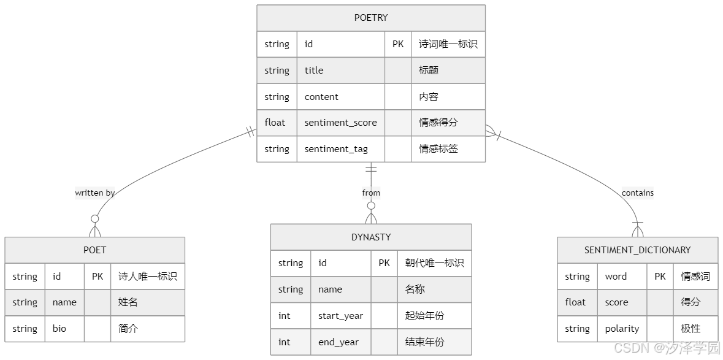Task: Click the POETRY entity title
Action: (371, 18)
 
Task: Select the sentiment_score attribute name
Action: (340, 123)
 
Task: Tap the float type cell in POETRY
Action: (275, 123)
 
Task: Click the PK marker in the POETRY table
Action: (398, 44)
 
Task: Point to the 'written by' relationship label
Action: (94, 193)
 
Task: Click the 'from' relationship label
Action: (371, 193)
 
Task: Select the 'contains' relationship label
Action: (637, 193)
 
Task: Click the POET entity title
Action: (94, 250)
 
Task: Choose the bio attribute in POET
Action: (59, 329)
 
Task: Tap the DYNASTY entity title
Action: (371, 237)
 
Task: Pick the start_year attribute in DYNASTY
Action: (340, 316)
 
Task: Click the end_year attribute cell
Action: (338, 342)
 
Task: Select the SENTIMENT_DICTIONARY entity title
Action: (637, 250)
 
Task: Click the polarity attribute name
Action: (622, 329)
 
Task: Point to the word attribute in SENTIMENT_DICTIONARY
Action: (616, 277)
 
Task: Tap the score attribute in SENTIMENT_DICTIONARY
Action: (616, 302)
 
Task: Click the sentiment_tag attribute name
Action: (335, 149)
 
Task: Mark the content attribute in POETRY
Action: (321, 97)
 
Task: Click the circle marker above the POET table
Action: (94, 218)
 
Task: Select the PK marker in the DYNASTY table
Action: (384, 263)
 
